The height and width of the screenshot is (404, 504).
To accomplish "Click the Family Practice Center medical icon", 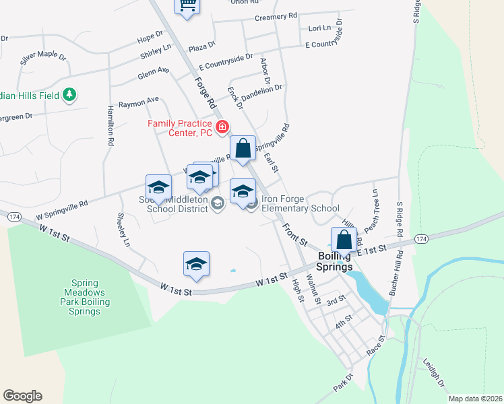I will pos(222,127).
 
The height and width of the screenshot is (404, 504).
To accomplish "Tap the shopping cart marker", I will pos(187,6).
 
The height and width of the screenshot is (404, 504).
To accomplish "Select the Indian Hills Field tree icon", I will pos(68,95).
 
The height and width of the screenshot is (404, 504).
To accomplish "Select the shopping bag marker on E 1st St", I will pos(344,239).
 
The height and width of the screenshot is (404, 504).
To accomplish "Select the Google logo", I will pos(22,396).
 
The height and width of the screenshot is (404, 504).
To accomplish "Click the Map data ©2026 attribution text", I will pos(474,399).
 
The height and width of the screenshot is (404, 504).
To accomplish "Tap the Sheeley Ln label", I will pos(123,230).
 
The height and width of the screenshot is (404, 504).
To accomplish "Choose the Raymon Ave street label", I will pos(138,102).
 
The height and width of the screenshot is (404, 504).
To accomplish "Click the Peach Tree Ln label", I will pos(376,202).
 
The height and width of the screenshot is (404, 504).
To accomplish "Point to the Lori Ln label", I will pos(319,28).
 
